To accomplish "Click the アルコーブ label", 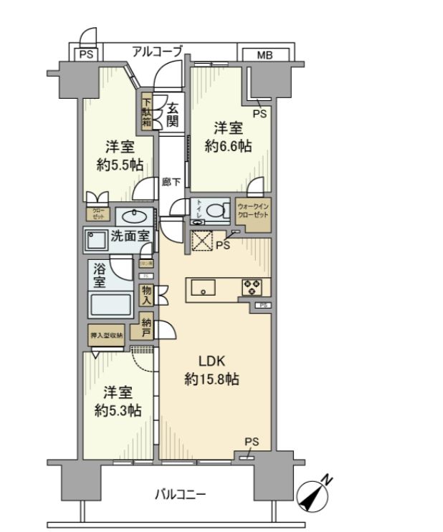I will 157,52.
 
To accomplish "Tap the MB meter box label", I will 265,54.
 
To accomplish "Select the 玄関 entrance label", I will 173,115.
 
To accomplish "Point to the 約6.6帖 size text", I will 228,146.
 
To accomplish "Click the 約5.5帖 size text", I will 120,165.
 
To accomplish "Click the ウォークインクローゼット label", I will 253,213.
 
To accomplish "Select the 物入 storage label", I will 146,294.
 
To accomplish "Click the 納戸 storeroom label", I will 146,328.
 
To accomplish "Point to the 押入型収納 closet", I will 105,334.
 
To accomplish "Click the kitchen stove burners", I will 253,287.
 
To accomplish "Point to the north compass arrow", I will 315,494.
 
